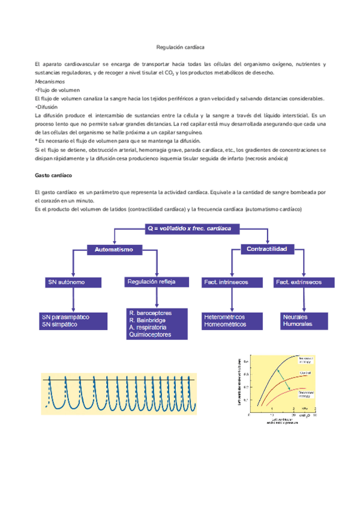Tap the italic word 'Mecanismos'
pos(50,80)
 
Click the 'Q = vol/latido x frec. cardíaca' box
pos(193,229)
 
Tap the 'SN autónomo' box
pos(71,282)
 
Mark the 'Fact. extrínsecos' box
pos(299,282)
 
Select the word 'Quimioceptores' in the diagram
pos(150,335)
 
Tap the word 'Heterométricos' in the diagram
pos(224,317)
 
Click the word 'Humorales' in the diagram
pos(297,324)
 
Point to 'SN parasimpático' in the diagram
pos(65,316)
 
